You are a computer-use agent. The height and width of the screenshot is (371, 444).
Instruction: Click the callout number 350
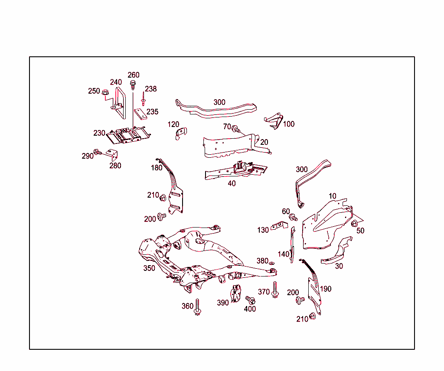[149, 268]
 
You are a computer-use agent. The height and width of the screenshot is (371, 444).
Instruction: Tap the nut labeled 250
[105, 92]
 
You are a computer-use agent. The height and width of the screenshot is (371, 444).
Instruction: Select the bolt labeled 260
[133, 83]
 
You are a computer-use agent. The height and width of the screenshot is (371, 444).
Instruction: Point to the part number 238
[151, 89]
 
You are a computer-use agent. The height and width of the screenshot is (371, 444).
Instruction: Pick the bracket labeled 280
[113, 153]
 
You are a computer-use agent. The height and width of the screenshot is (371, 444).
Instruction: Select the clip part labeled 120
[181, 133]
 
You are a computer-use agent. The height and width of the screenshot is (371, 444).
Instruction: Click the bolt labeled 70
[236, 129]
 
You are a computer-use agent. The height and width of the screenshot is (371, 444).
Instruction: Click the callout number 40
[232, 183]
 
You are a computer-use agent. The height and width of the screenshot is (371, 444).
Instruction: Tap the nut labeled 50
[354, 224]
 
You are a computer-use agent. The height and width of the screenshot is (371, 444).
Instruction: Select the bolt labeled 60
[293, 217]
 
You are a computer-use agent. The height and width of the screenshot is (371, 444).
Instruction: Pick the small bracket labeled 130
[278, 226]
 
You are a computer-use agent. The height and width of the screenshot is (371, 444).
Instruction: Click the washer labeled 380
[272, 263]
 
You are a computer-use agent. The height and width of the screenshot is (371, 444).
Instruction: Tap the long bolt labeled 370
[275, 290]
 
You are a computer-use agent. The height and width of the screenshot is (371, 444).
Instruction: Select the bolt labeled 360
[198, 307]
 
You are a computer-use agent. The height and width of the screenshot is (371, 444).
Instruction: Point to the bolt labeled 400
[250, 300]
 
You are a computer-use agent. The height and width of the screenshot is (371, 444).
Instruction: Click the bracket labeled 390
[236, 294]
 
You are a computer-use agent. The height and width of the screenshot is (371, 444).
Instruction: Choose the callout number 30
[339, 266]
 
